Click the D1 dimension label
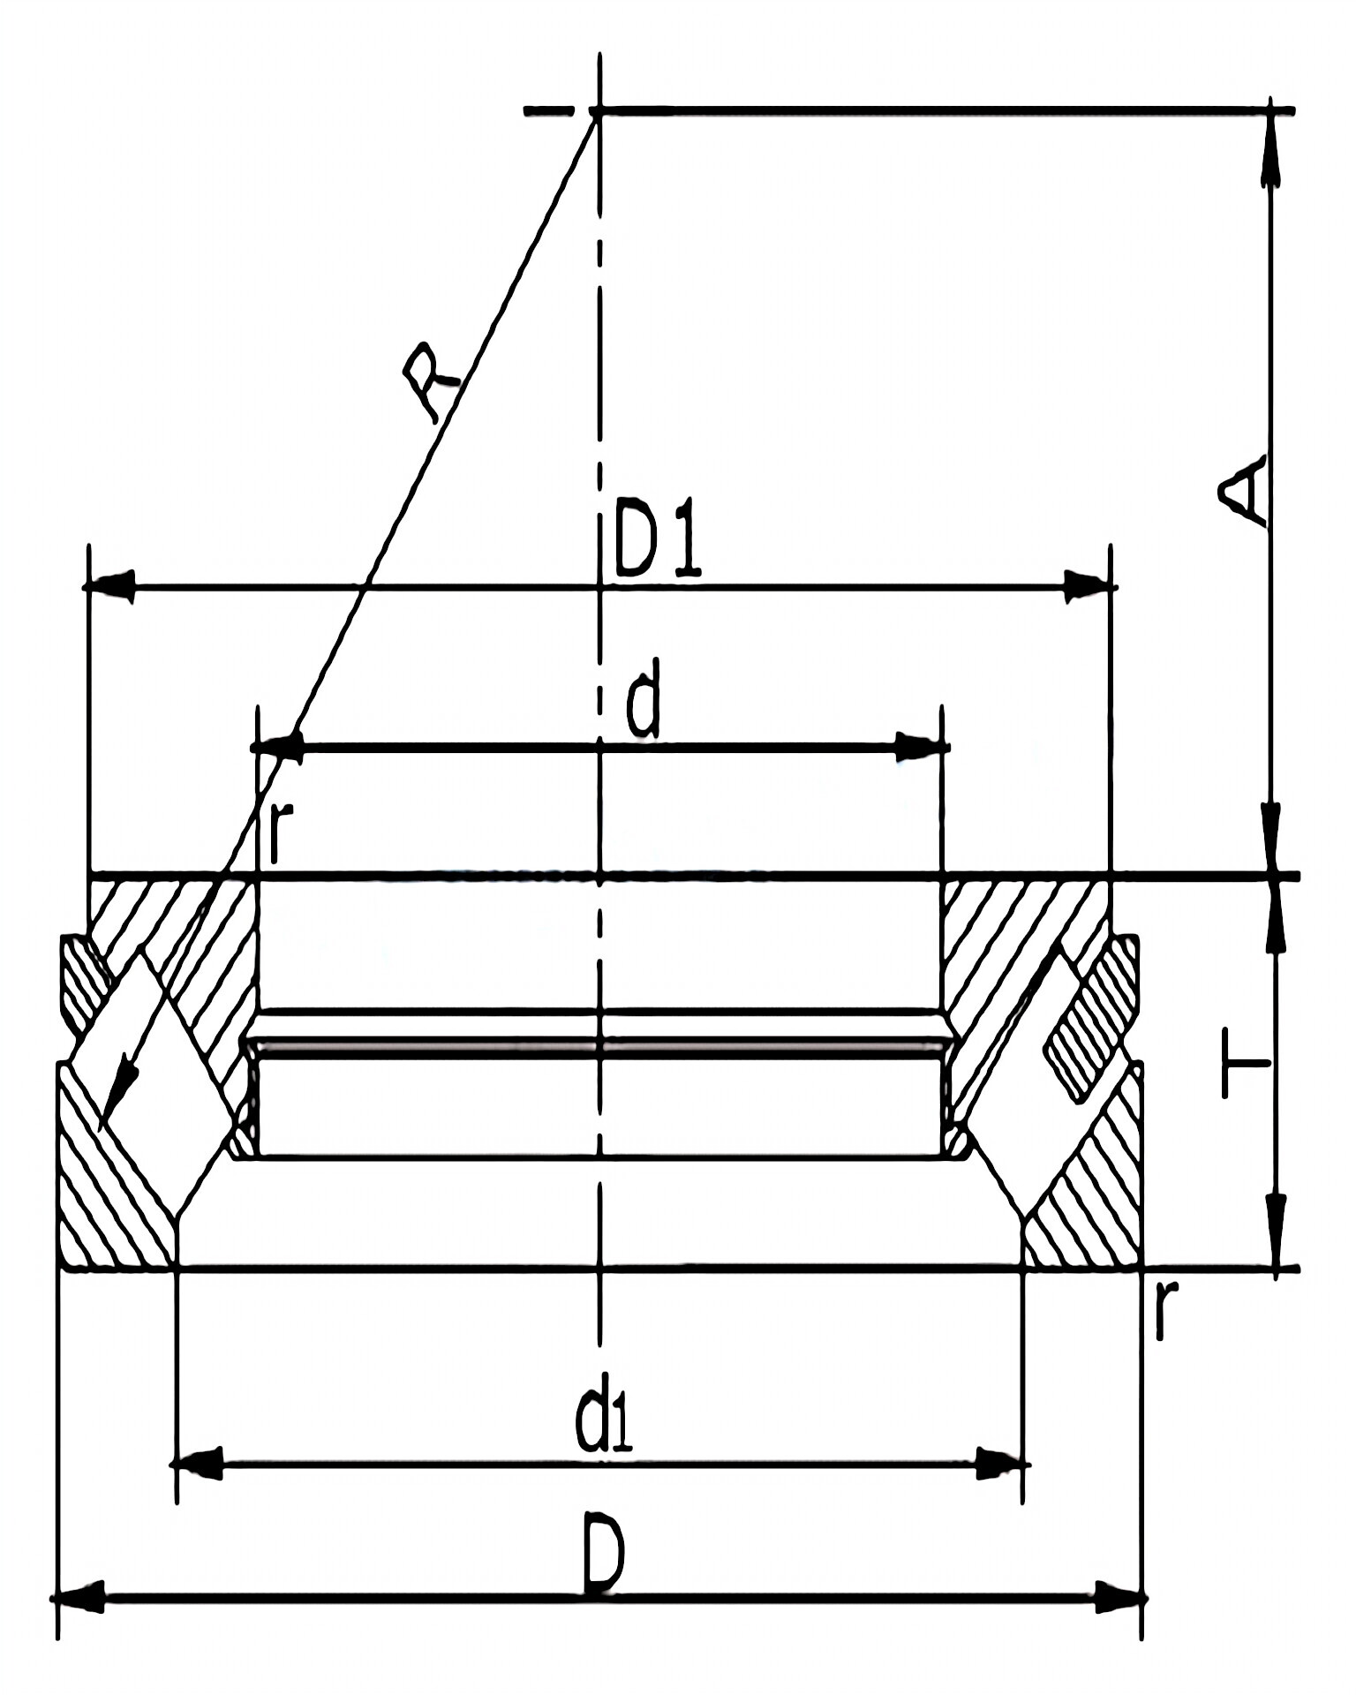pyautogui.click(x=658, y=538)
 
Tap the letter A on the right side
pyautogui.click(x=1244, y=491)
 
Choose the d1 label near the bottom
pyautogui.click(x=604, y=1423)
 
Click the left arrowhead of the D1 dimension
pyautogui.click(x=110, y=586)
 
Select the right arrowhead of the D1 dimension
pyautogui.click(x=1087, y=586)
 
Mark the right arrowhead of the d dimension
pyautogui.click(x=919, y=747)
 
